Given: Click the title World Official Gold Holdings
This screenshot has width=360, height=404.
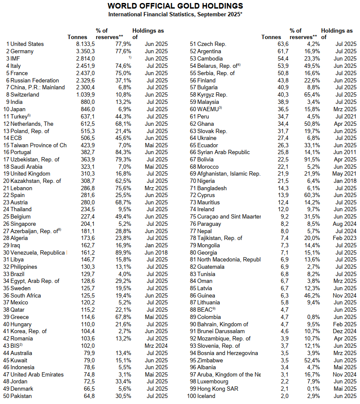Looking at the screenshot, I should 175,6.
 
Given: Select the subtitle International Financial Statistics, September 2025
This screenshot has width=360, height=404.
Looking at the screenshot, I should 175,15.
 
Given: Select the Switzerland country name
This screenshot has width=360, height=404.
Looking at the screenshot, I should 24,94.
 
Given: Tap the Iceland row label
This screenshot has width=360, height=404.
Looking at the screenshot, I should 206,396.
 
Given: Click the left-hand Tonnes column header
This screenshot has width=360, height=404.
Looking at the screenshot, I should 77,37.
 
